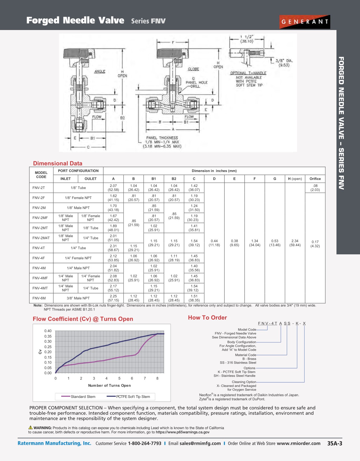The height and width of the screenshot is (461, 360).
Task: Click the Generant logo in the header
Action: (x=304, y=22)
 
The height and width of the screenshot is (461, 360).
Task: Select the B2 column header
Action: (x=174, y=179)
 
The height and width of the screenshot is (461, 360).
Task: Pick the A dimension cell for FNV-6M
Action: (x=113, y=298)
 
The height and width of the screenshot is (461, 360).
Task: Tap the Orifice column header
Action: (x=315, y=179)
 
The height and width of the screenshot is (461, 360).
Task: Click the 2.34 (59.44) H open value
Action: (x=295, y=243)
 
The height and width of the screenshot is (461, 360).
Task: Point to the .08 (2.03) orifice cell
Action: (x=315, y=188)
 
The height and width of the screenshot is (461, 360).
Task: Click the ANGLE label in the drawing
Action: (x=100, y=72)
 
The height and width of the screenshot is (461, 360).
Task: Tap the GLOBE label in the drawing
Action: (x=193, y=69)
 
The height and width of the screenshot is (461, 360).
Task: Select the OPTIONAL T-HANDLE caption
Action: (x=248, y=73)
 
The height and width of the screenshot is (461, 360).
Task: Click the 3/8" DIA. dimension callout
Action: (x=284, y=63)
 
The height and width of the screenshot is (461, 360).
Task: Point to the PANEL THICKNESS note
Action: (x=162, y=138)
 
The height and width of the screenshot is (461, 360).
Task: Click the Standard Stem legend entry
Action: (x=79, y=397)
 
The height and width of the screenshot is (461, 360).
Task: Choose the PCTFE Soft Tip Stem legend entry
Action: (x=129, y=397)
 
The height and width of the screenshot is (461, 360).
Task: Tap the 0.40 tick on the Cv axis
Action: (x=48, y=331)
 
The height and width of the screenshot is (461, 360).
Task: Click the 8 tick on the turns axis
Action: (x=157, y=378)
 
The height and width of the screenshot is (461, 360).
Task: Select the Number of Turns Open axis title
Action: (x=109, y=385)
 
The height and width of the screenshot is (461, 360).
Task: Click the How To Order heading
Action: (x=207, y=318)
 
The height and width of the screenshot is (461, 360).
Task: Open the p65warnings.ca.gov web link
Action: (x=182, y=432)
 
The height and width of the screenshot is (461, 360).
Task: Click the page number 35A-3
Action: (x=335, y=443)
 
